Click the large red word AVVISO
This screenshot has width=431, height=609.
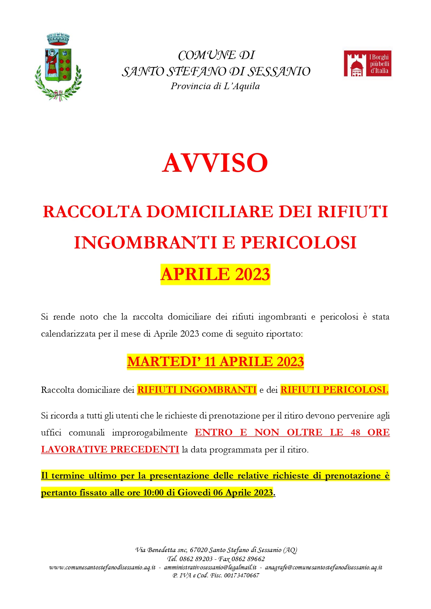coord(215,163)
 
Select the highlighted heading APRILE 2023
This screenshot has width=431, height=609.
coord(215,274)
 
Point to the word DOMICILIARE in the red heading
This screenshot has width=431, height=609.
coord(210,212)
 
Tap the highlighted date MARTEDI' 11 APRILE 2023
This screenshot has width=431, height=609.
coord(215,362)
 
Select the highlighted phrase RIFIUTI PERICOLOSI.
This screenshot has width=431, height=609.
coord(334,390)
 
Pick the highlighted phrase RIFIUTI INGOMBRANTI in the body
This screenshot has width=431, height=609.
coord(197,390)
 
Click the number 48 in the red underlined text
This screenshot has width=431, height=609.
coord(355,432)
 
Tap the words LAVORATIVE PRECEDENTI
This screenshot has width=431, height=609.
coord(110,449)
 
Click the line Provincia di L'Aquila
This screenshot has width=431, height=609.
coord(215,86)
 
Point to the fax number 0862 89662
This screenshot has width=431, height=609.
coord(248,559)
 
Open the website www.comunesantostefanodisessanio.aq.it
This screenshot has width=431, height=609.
coord(102,567)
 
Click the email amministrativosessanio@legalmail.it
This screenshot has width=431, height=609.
coord(210,567)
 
